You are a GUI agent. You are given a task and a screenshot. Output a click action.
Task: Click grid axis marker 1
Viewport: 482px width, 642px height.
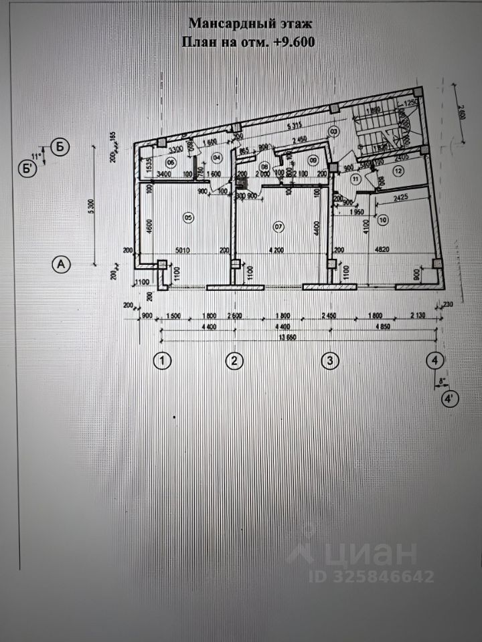pos(162,361)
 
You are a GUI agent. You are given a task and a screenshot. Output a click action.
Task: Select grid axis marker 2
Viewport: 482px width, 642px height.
pos(234,361)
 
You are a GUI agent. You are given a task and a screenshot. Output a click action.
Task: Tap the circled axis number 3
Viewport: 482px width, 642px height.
pos(329,361)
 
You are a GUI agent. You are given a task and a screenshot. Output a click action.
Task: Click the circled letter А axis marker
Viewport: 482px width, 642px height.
pos(61,265)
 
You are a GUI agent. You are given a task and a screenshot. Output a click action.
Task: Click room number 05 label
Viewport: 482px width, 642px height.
pos(188,216)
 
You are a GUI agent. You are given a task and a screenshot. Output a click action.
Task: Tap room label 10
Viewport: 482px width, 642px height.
pos(383,219)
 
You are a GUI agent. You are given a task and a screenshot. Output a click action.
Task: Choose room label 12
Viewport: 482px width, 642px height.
pos(399,171)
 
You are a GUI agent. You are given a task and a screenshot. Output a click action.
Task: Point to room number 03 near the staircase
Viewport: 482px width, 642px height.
pos(333,130)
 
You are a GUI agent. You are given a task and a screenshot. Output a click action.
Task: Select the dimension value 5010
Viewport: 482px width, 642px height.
pos(183,252)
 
